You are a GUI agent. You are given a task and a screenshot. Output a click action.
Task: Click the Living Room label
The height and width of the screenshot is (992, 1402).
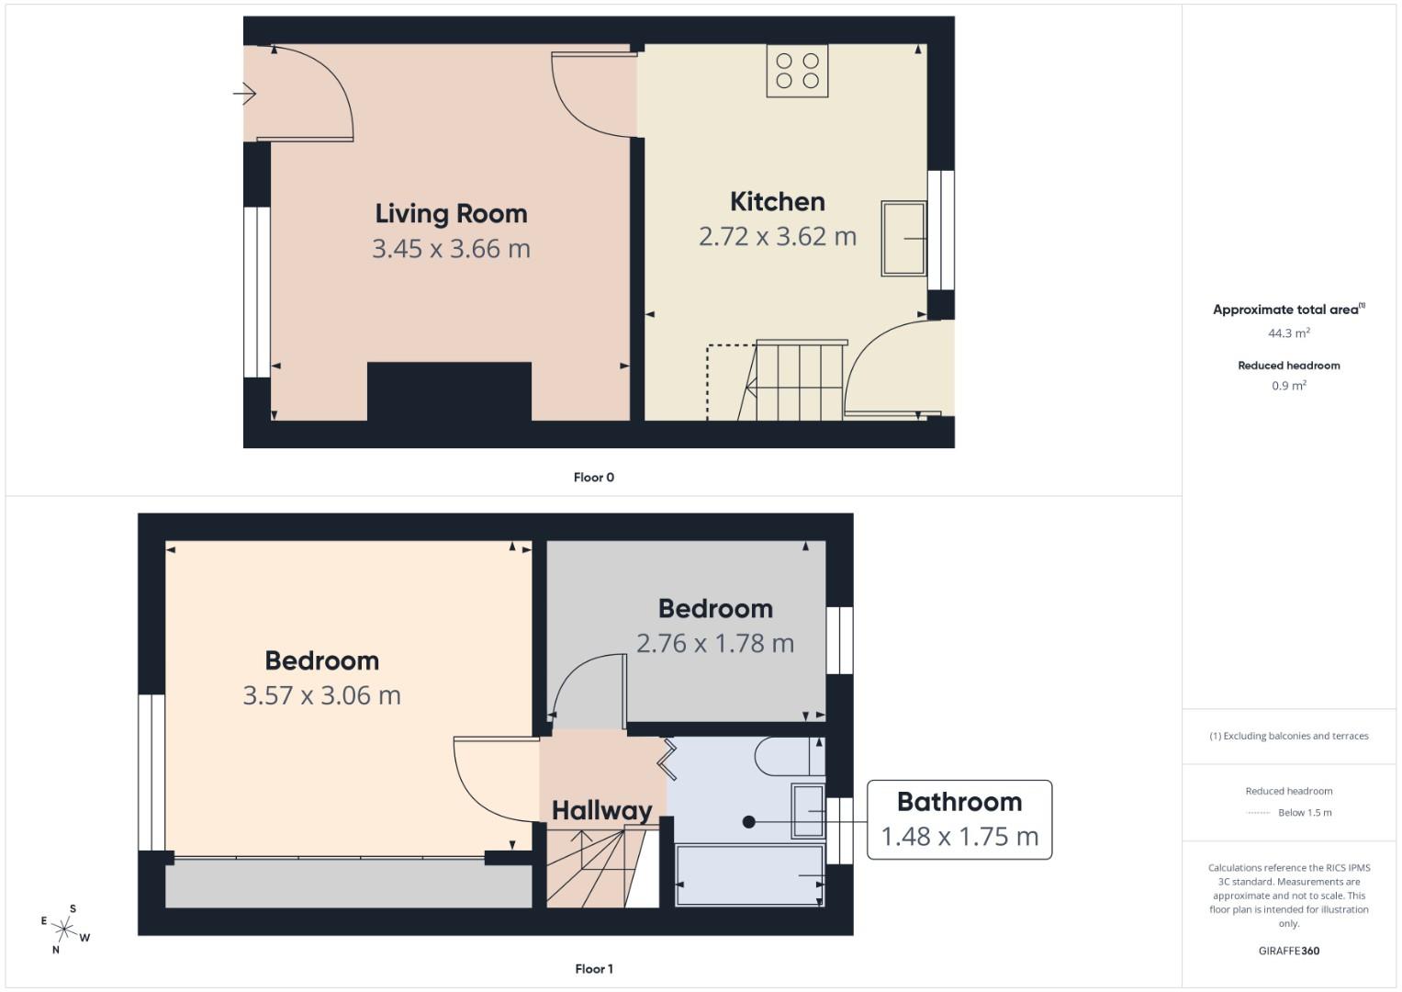[x=451, y=214]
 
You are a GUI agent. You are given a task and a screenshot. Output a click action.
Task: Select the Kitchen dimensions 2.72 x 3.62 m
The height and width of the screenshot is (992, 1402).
[x=777, y=237]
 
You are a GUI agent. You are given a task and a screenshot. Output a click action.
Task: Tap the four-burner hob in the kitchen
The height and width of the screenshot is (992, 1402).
[x=797, y=72]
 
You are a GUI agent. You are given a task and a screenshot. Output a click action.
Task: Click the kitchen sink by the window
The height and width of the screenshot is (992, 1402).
[x=903, y=238]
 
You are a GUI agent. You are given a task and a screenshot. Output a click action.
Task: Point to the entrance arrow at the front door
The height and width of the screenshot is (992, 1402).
[x=244, y=94]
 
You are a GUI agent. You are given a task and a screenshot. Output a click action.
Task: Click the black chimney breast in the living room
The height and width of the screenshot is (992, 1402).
[x=449, y=391]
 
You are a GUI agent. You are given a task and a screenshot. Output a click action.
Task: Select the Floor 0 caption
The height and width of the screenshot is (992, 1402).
[x=593, y=478]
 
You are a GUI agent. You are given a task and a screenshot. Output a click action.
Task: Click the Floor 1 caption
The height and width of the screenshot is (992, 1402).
[x=593, y=969]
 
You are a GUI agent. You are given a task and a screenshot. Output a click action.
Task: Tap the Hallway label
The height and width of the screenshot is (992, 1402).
[x=601, y=810]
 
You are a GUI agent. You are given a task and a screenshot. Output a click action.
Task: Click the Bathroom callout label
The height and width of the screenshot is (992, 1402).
[x=959, y=803]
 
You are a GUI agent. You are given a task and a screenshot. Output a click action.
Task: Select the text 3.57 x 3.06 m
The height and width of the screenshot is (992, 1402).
[x=321, y=696]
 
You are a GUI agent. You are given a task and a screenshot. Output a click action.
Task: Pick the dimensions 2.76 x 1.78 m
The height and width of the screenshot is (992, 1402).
[x=714, y=644]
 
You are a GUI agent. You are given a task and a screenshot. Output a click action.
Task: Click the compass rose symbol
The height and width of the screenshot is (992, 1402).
[x=64, y=929]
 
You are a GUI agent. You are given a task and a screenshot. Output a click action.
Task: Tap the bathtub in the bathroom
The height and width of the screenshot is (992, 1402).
[x=749, y=875]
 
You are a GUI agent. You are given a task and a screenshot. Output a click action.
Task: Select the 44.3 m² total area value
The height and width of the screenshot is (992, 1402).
[x=1288, y=333]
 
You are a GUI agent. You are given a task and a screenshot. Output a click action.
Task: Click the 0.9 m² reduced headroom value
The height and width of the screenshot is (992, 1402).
[x=1288, y=386]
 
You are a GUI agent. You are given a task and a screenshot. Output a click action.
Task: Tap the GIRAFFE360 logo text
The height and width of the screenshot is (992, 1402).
[x=1288, y=951]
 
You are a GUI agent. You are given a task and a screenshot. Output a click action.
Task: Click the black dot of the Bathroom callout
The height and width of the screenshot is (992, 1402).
[x=749, y=822]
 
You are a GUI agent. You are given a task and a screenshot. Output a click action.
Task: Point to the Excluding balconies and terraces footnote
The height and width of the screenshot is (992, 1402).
[x=1288, y=736]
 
